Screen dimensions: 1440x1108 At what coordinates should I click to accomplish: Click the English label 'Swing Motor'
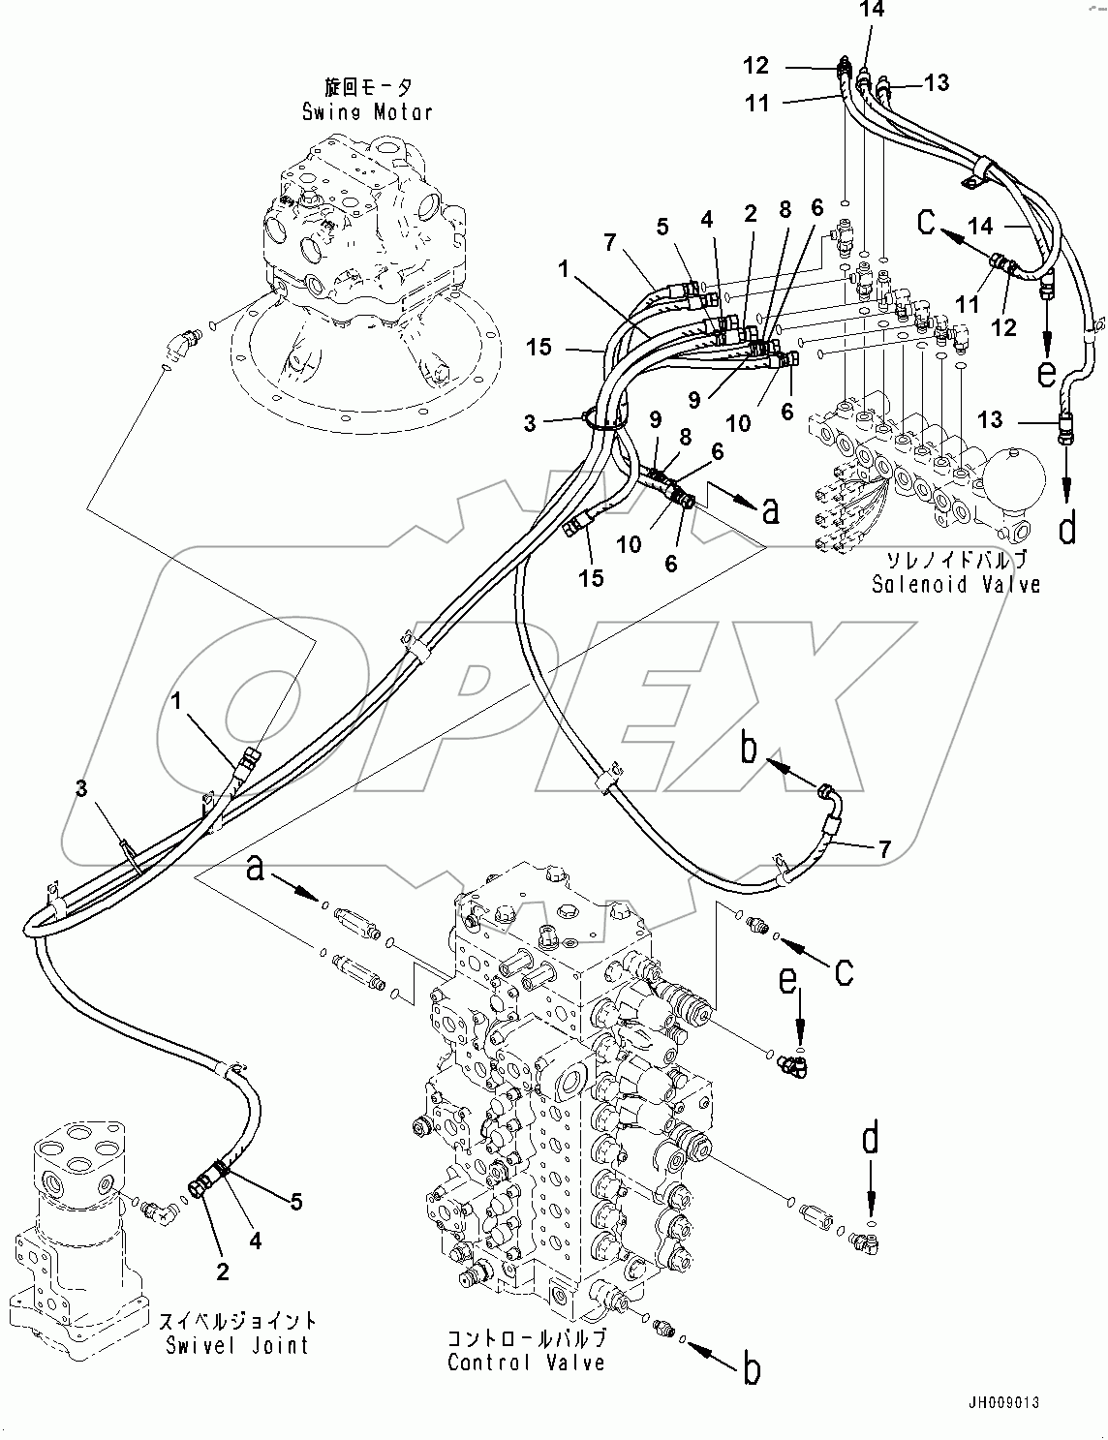[366, 111]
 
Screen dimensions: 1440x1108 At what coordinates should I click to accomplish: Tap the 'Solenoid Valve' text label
[955, 584]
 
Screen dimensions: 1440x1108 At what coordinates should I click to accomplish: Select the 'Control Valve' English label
[526, 1363]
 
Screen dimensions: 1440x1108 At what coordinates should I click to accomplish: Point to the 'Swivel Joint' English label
[237, 1344]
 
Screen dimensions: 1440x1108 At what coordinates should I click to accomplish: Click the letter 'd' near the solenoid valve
[1066, 529]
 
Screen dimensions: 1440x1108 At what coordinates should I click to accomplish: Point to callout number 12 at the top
[756, 66]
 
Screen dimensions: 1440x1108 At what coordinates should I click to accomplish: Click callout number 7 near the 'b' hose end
[883, 850]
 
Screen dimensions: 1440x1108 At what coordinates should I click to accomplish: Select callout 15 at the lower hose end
[591, 577]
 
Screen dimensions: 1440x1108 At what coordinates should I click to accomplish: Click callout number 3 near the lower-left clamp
[81, 789]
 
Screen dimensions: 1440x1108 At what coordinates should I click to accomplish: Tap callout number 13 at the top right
[936, 82]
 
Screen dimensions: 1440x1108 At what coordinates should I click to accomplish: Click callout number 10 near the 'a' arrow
[630, 543]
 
